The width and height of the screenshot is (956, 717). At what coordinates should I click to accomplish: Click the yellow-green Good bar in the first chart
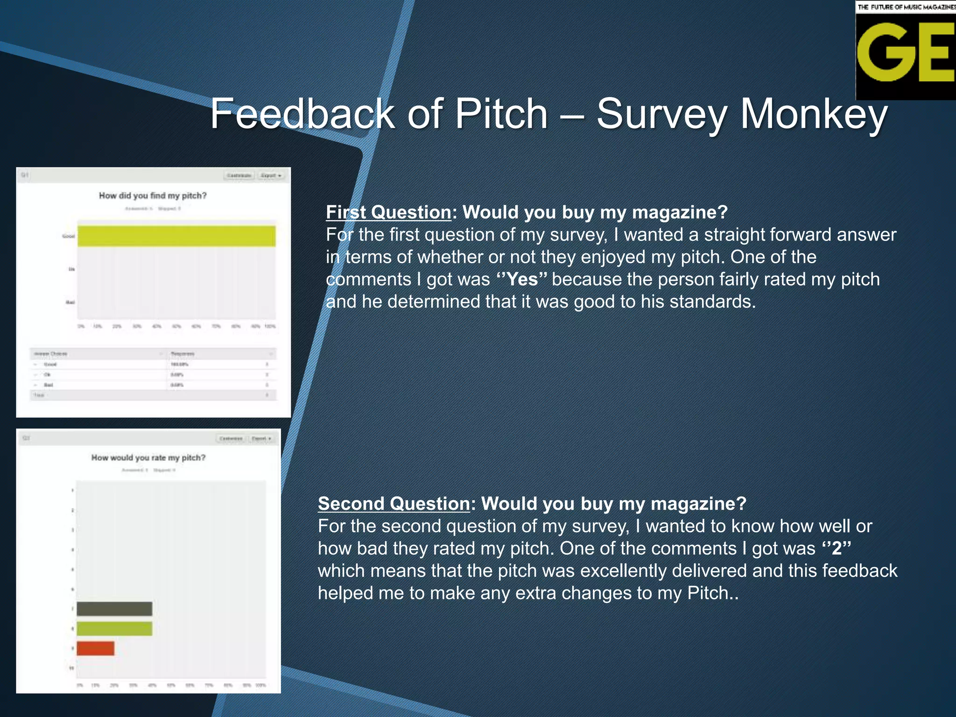pos(176,236)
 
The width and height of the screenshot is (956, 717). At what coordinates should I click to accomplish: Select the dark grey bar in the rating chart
pos(114,609)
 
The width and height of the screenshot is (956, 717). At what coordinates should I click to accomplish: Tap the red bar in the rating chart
pos(95,648)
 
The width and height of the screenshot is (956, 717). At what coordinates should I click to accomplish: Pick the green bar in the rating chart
pos(114,628)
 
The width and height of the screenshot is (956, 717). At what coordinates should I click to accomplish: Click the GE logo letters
pos(905,52)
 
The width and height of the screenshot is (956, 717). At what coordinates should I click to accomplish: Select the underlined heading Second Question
pos(394,504)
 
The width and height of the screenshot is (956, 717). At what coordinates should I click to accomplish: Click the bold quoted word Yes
pos(521,279)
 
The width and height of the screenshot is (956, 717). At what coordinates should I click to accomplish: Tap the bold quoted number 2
pos(836,548)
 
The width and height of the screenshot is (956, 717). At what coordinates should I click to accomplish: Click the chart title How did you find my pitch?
pos(153,196)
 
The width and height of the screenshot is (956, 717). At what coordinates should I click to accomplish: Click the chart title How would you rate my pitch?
pos(148,457)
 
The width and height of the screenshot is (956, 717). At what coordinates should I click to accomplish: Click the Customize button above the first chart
pos(239,176)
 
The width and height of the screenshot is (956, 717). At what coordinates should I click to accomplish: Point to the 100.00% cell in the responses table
pos(179,364)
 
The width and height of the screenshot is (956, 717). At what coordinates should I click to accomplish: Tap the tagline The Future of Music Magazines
pos(906,7)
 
